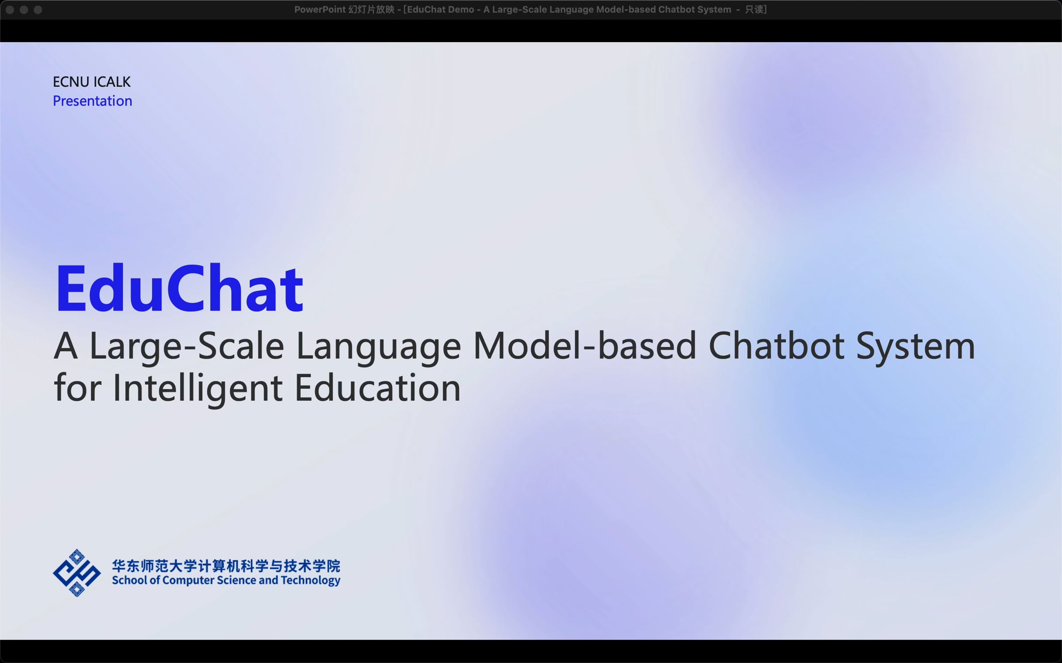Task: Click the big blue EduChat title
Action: pos(179,289)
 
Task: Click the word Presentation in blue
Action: pos(92,101)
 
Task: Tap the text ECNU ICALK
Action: pos(92,82)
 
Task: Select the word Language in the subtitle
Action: pos(378,347)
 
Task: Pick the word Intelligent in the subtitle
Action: pos(197,389)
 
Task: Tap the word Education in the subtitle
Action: pos(377,388)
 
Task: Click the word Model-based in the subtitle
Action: pos(585,346)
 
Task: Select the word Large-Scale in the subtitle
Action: pos(186,347)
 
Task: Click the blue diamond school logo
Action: pos(77,573)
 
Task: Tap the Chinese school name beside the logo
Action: pos(226,566)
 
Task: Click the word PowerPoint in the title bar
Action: pos(319,9)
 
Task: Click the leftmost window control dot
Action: pos(10,9)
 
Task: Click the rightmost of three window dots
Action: pos(38,9)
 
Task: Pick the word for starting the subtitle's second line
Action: pos(77,388)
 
